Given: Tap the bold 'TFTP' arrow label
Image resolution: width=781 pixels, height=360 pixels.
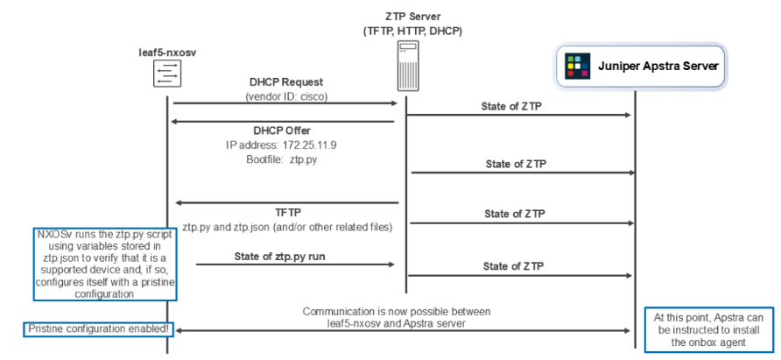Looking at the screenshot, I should point(287,212).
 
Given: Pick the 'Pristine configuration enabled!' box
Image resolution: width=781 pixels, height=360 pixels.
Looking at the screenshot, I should point(97,328).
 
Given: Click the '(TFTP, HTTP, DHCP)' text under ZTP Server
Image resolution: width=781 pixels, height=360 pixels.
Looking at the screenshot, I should point(412,31).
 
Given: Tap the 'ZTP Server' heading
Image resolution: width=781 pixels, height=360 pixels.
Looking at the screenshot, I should point(412,17).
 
